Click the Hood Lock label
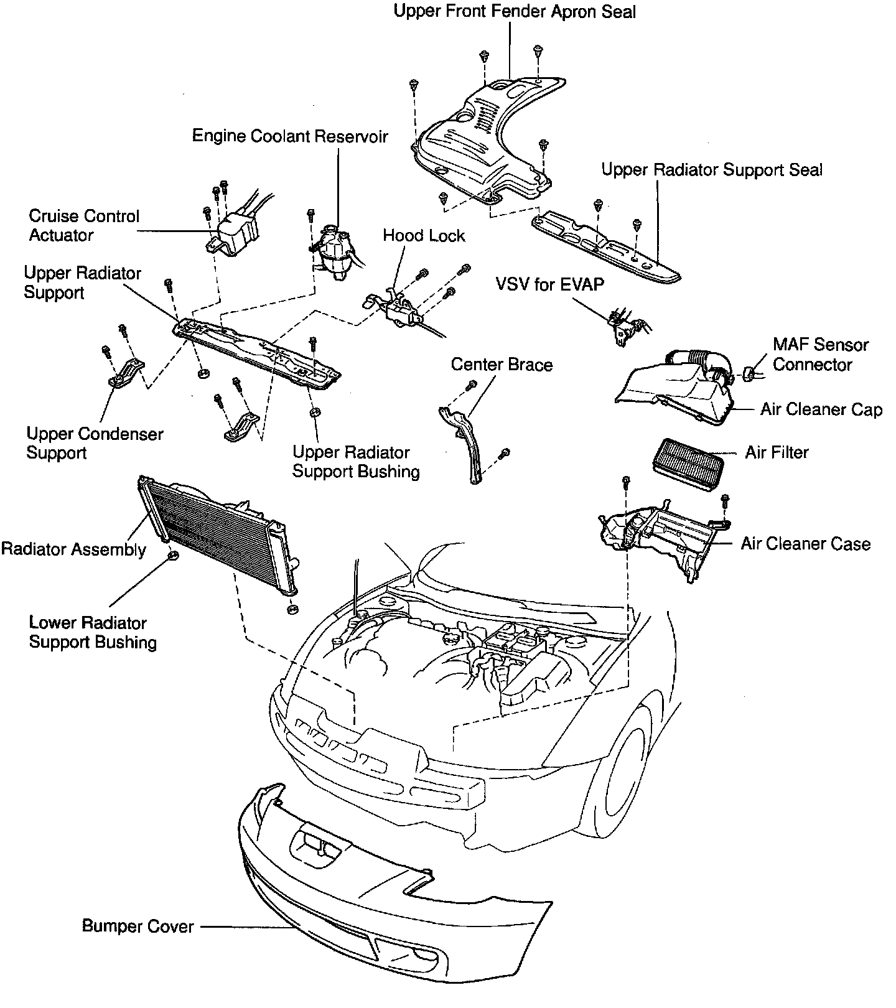click(424, 236)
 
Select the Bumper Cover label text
click(138, 926)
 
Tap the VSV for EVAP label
click(549, 284)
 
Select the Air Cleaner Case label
click(805, 544)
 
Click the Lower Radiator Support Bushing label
click(92, 632)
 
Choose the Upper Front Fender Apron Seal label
click(515, 12)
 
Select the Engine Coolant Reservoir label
click(289, 136)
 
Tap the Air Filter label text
click(777, 452)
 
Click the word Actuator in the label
click(61, 235)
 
